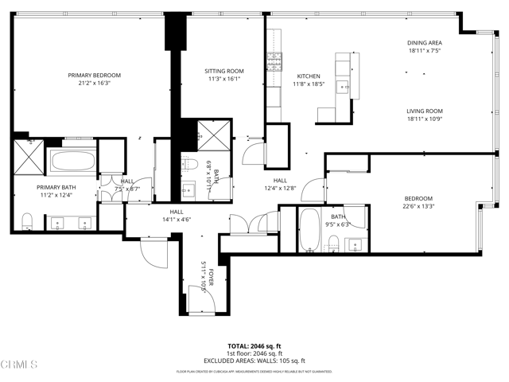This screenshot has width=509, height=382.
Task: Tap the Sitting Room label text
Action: pyautogui.click(x=223, y=71)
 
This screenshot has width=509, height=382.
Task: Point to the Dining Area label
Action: pyautogui.click(x=424, y=43)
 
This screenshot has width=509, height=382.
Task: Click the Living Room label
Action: pyautogui.click(x=424, y=111)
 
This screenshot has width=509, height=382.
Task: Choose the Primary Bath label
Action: pyautogui.click(x=55, y=188)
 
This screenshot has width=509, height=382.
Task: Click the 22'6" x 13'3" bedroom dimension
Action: pyautogui.click(x=418, y=206)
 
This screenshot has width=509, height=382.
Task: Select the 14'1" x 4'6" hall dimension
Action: pyautogui.click(x=176, y=220)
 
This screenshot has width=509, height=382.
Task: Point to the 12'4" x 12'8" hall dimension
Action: pyautogui.click(x=280, y=188)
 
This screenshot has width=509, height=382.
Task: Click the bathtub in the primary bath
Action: pyautogui.click(x=72, y=164)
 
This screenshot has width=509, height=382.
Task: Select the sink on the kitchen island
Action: pyautogui.click(x=344, y=85)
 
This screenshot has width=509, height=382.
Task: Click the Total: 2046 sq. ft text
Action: pyautogui.click(x=254, y=346)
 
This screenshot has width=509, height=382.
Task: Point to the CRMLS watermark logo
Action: pyautogui.click(x=20, y=365)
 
